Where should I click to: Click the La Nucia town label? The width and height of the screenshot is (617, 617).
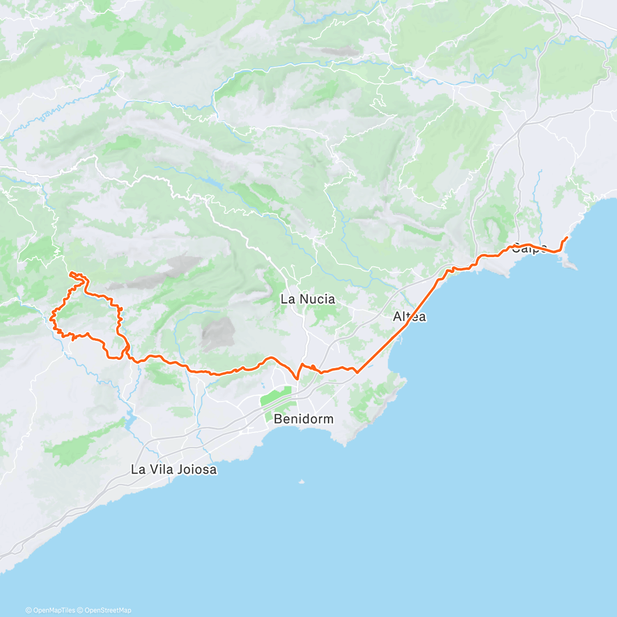[307, 299]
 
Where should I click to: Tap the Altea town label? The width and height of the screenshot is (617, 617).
[409, 317]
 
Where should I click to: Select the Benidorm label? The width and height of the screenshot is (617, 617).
[303, 419]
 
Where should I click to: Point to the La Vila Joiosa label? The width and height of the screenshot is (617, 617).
[174, 469]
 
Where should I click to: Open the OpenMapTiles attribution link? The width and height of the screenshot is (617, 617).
[54, 610]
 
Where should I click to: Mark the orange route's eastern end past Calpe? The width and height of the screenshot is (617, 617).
[567, 237]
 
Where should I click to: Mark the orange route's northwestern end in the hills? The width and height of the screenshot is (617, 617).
[70, 272]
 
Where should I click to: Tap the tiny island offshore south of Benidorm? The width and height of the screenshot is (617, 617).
[301, 482]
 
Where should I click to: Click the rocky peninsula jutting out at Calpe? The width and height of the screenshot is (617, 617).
[570, 264]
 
